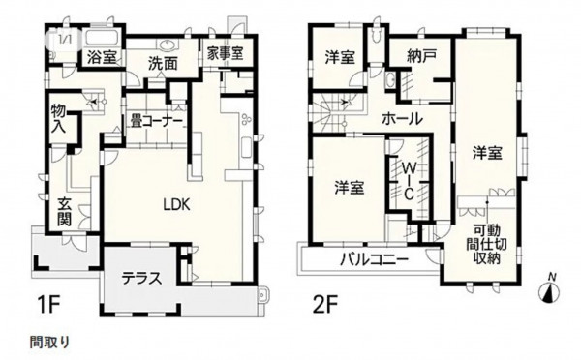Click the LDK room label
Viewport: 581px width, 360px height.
click(175, 204)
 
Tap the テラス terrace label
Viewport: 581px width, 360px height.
click(140, 278)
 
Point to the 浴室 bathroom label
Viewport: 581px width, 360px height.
click(102, 59)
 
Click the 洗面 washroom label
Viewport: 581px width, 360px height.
click(162, 62)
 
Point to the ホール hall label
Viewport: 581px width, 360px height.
click(401, 118)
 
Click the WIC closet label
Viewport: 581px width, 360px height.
click(409, 179)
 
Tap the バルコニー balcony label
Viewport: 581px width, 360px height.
click(373, 259)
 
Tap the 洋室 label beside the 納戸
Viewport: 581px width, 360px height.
click(341, 57)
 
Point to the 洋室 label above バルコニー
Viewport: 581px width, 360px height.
click(350, 187)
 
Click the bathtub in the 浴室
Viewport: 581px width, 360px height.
click(104, 38)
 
